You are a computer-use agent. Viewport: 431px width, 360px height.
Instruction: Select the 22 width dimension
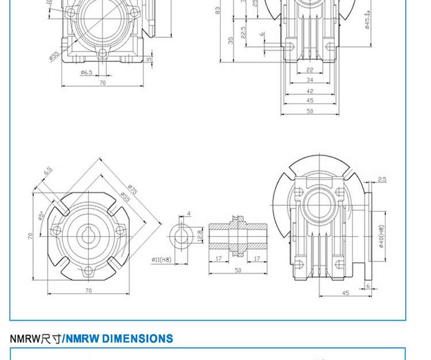pyautogui.click(x=310, y=70)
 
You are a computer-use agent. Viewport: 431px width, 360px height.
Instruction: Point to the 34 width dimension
pyautogui.click(x=310, y=81)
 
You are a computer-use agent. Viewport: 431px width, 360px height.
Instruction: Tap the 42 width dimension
pyautogui.click(x=310, y=91)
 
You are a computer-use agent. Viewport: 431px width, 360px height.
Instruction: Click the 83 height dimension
pyautogui.click(x=218, y=10)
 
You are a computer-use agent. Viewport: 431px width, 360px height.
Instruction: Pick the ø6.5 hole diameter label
pyautogui.click(x=86, y=72)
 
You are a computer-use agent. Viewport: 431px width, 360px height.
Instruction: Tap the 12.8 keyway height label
pyautogui.click(x=199, y=235)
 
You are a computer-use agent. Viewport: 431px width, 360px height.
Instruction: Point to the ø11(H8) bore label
pyautogui.click(x=161, y=260)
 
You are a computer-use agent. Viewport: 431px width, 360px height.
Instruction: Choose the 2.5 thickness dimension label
pyautogui.click(x=382, y=179)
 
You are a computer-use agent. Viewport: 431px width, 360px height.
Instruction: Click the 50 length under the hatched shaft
pyautogui.click(x=238, y=270)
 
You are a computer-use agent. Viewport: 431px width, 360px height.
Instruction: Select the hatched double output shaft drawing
pyautogui.click(x=238, y=236)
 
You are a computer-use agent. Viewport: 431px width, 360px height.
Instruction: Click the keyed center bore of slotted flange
pyautogui.click(x=88, y=236)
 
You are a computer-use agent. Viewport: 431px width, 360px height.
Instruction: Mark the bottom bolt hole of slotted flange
pyautogui.click(x=88, y=270)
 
